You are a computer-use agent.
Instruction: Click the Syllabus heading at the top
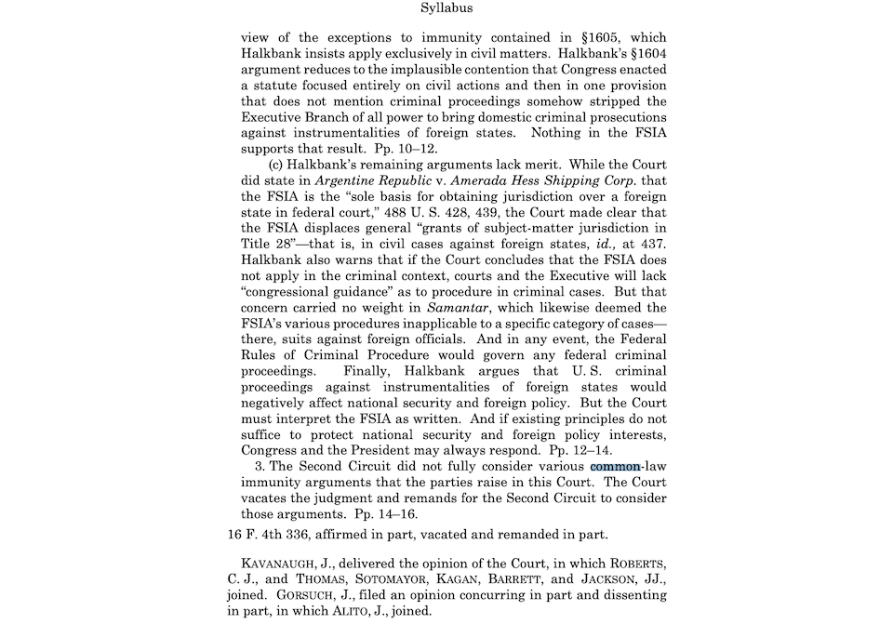[446, 8]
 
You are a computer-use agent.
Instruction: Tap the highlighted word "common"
[614, 465]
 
